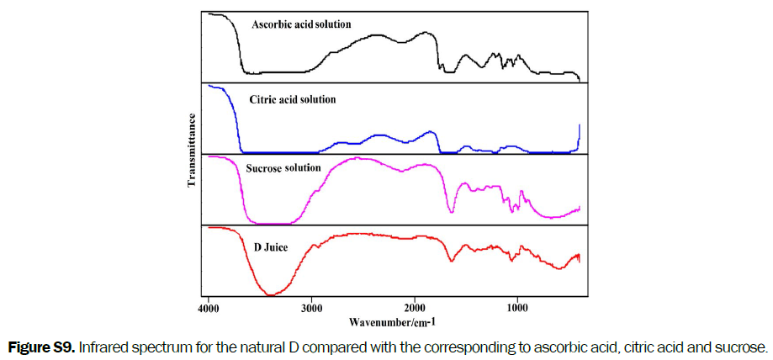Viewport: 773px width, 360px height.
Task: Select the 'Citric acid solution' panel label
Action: point(293,99)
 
